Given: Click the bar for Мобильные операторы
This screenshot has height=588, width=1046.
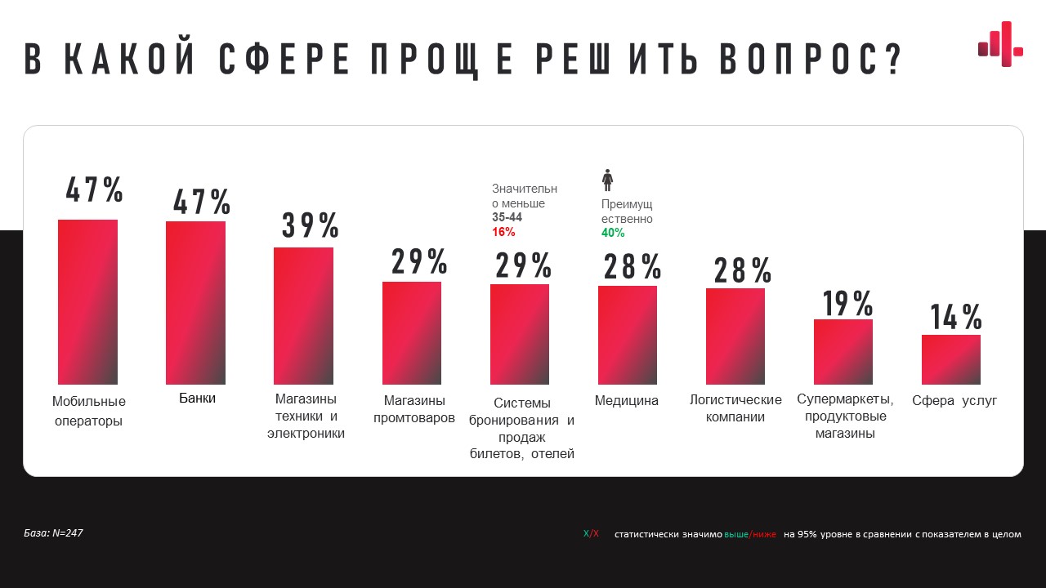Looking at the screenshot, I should tap(87, 302).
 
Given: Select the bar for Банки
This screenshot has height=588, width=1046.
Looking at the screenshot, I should tap(195, 303).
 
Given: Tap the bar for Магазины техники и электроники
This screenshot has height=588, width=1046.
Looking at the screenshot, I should tap(303, 316).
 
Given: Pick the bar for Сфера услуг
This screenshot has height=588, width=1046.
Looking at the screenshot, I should tap(951, 359).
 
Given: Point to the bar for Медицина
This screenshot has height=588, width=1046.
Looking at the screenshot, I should tap(628, 335).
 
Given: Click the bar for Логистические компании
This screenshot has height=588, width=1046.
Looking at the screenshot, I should tap(735, 336).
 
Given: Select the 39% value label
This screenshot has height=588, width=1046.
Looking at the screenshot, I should tap(311, 225).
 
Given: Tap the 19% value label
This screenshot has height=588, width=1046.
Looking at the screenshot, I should tap(847, 303).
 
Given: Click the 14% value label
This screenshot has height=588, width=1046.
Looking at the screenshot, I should tap(955, 317).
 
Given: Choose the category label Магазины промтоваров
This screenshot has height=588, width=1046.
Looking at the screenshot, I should tap(414, 409).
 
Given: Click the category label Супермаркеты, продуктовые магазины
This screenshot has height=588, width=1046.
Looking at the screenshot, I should tap(845, 416).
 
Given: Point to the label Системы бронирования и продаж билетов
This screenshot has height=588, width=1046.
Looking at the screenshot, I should tap(522, 428).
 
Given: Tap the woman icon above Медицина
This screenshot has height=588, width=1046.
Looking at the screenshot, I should tap(607, 180).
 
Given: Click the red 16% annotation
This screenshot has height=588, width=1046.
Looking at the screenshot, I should tap(503, 232).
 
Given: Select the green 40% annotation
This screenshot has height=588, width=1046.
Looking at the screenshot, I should tap(613, 233).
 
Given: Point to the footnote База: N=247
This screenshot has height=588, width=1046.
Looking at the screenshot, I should tap(53, 533).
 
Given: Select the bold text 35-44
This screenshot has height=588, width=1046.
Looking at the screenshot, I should tap(507, 217).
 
